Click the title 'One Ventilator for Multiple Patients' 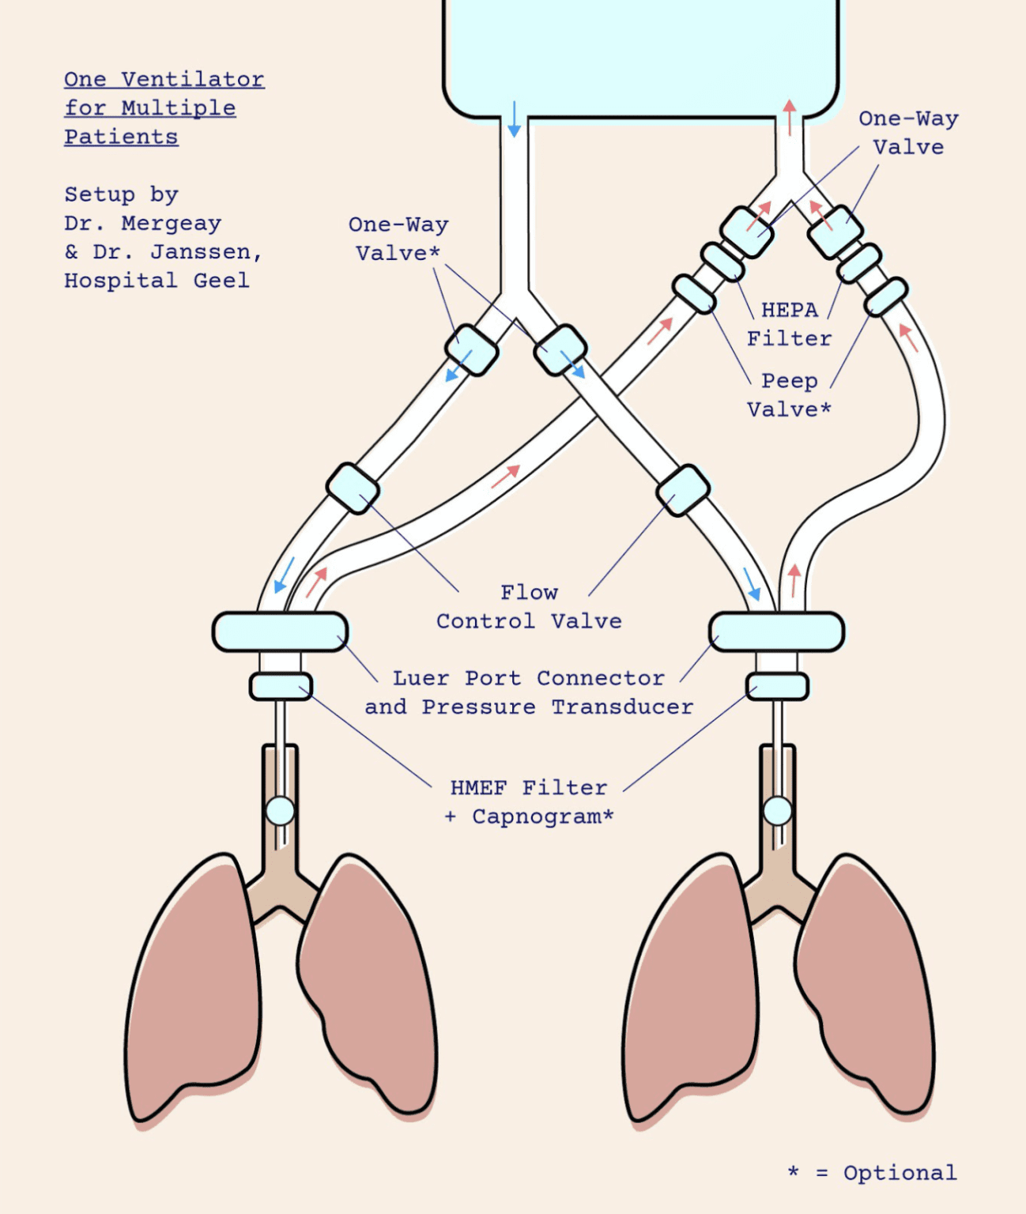click(x=164, y=107)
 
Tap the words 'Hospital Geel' click(x=157, y=281)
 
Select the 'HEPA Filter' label click(x=789, y=324)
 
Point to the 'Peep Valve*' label click(x=789, y=395)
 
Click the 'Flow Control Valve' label click(x=529, y=607)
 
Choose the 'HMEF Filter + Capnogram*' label click(x=529, y=802)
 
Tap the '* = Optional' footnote click(x=872, y=1173)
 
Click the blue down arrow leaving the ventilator click(x=515, y=119)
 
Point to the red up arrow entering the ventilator click(x=789, y=117)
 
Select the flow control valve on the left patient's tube click(x=353, y=488)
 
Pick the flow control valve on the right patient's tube click(x=683, y=490)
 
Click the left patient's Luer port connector click(x=280, y=632)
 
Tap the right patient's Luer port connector click(x=777, y=632)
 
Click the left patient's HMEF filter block click(x=281, y=686)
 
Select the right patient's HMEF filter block click(x=777, y=686)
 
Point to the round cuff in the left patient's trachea click(x=280, y=811)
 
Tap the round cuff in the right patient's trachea click(x=777, y=811)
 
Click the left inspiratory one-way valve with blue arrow click(x=471, y=349)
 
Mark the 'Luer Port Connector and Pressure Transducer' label click(x=529, y=692)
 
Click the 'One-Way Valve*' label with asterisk click(x=398, y=239)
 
